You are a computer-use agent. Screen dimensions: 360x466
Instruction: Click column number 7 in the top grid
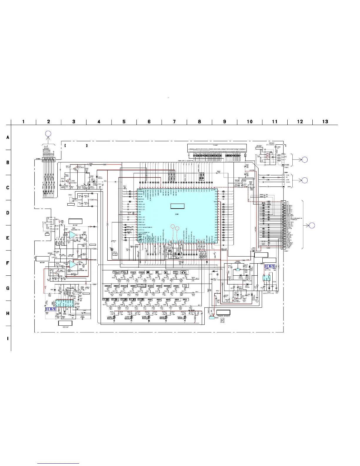pos(174,122)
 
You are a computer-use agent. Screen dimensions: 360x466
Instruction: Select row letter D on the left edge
pos(8,213)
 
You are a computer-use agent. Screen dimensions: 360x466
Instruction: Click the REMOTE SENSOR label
pos(224,316)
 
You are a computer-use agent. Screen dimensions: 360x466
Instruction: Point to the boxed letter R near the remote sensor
pos(222,320)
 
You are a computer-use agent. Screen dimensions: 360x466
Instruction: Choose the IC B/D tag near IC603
pos(270,267)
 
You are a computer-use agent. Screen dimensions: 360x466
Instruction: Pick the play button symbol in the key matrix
pos(166,272)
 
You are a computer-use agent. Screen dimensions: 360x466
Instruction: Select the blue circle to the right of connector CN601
pos(312,225)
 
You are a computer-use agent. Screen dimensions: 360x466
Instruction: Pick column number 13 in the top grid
pos(325,122)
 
